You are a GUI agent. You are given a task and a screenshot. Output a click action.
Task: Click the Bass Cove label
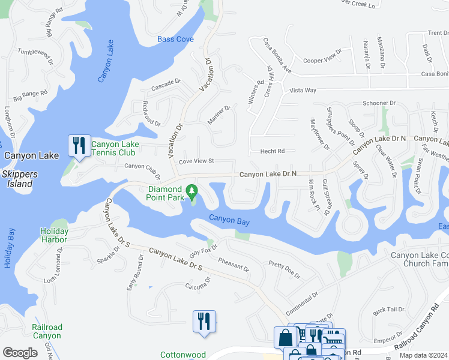click(175, 40)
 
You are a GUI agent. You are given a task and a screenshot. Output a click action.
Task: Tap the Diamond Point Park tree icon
click(192, 191)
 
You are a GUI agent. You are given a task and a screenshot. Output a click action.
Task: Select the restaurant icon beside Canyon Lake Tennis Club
click(79, 146)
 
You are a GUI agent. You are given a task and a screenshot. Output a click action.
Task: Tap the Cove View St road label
click(196, 161)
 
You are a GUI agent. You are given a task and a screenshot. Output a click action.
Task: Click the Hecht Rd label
click(272, 151)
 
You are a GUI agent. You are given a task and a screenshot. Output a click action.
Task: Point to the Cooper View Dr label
click(322, 61)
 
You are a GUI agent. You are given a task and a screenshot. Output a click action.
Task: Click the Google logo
click(20, 353)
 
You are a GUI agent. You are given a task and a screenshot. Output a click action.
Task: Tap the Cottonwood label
click(183, 355)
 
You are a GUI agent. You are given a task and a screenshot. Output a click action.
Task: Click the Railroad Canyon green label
click(47, 331)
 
